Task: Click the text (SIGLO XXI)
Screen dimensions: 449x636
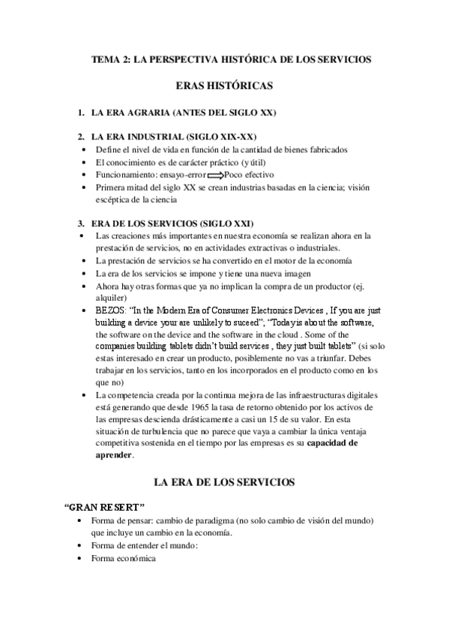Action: [x=224, y=223]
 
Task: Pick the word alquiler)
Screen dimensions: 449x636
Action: [x=112, y=296]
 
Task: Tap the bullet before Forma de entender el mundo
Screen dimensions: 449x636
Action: [x=81, y=546]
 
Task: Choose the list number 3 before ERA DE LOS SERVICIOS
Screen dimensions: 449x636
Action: [x=81, y=223]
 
